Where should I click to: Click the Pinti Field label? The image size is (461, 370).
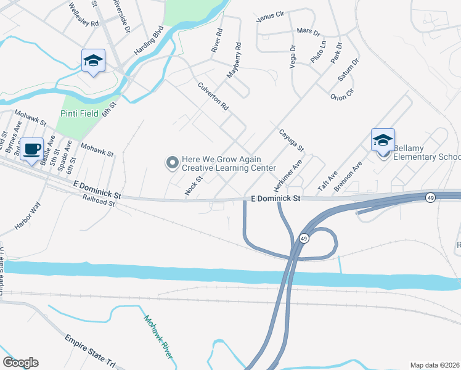[81, 113]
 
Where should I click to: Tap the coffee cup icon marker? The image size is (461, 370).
[31, 149]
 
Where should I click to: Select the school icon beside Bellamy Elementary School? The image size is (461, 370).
[382, 140]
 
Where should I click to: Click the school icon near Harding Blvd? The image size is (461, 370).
[93, 60]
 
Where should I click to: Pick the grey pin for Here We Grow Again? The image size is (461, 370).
[172, 163]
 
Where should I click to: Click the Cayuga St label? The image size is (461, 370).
[291, 141]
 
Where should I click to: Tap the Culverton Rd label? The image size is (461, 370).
[213, 97]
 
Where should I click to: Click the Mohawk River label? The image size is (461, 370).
[158, 337]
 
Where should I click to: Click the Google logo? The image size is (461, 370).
[20, 363]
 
